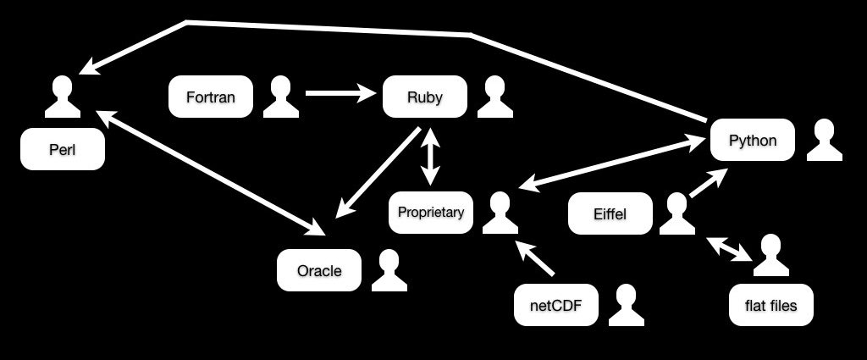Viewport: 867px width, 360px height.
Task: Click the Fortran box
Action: (211, 97)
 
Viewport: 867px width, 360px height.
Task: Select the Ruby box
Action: (425, 97)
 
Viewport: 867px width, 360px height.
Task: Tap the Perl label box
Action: (63, 149)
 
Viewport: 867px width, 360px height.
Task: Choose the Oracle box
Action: (319, 270)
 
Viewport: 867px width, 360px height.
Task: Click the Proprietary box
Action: (431, 213)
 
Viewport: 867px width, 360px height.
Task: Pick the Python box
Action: (753, 140)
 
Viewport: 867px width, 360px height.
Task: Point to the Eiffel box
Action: (610, 213)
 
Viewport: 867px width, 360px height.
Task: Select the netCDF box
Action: (555, 305)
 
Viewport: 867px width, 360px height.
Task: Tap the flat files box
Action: (770, 305)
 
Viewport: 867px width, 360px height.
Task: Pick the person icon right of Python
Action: (825, 140)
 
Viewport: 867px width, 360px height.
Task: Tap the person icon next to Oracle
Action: (389, 270)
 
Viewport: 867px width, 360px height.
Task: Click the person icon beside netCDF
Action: (627, 305)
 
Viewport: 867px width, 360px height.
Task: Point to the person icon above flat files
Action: (770, 255)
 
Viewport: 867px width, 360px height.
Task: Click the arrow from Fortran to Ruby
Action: (340, 93)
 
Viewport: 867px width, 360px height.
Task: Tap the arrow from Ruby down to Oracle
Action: (378, 173)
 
